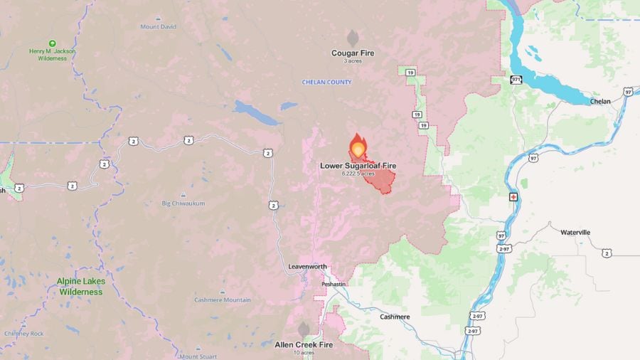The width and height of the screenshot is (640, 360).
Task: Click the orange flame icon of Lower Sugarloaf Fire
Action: pos(357,147)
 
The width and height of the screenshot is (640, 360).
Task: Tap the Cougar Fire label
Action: pos(352,53)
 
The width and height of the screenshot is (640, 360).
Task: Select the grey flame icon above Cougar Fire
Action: pos(352,38)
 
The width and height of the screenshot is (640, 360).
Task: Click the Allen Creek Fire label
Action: pos(304,344)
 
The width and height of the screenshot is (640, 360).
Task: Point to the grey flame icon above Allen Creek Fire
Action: pos(304,329)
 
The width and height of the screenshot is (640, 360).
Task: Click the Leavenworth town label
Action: pos(308,267)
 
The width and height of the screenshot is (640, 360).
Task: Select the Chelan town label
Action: pos(600,102)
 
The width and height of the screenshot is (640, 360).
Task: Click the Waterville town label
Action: pos(575,233)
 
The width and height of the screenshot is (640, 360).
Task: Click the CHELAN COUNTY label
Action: pos(326,83)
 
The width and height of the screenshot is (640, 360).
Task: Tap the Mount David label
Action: pos(158,27)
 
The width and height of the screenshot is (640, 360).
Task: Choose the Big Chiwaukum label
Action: pos(183,203)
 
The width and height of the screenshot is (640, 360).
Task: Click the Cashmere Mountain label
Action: pos(222,300)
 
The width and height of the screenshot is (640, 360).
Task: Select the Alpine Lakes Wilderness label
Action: pos(81,286)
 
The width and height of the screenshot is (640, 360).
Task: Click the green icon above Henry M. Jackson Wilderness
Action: pos(52,43)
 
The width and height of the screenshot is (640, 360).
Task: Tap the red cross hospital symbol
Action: pos(513,196)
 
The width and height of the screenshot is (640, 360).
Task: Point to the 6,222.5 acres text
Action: pos(358,174)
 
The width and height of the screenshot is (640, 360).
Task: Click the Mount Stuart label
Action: pos(198,356)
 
